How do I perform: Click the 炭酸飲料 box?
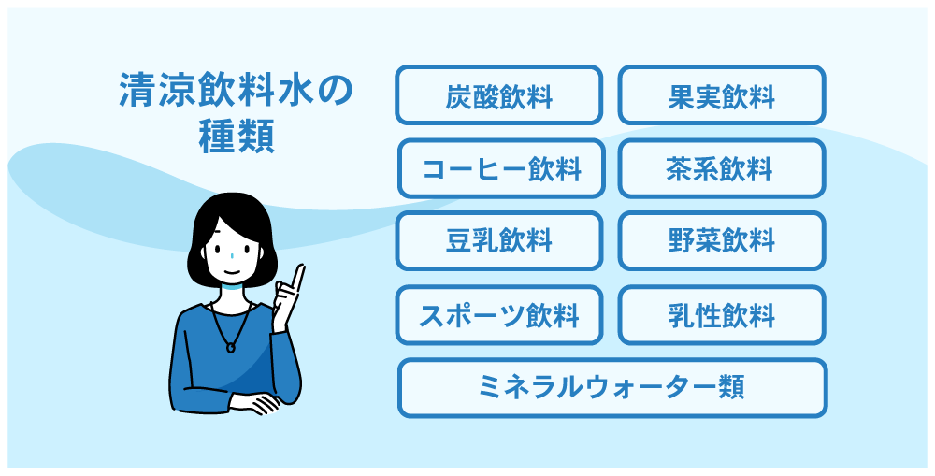coord(498,94)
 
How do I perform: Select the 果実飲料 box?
coord(722,94)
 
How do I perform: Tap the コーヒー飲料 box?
coord(501,168)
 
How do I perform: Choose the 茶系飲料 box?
coord(722,168)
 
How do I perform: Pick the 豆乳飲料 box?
coord(498,240)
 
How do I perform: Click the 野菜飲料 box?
coord(722,240)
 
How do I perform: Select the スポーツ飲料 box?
coord(498,315)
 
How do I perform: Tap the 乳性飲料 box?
coord(722,315)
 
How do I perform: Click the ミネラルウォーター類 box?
coord(612,388)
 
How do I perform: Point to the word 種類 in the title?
coord(237,137)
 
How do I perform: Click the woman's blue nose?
coord(231,256)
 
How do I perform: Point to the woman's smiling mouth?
coord(230,272)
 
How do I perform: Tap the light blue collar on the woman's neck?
coord(231,289)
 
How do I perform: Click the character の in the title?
coord(334,90)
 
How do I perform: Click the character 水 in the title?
coord(295,90)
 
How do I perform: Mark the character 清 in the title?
coord(137,90)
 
